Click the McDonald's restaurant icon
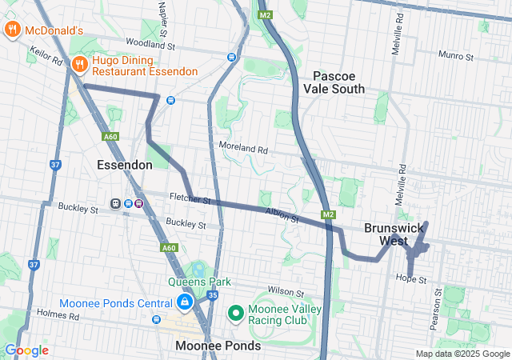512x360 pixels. [x=12, y=30]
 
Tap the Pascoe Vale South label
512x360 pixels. [x=338, y=82]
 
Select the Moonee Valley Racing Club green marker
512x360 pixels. [x=236, y=312]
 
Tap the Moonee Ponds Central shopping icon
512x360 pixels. [x=184, y=302]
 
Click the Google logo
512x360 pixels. [x=26, y=350]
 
